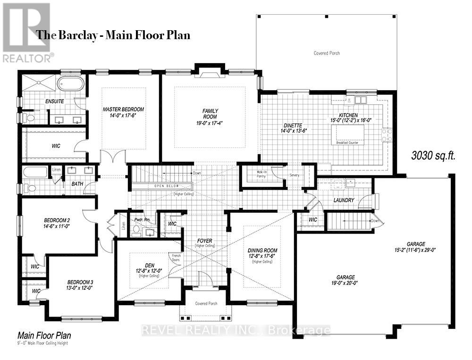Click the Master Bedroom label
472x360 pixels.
point(123,109)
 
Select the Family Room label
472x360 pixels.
point(210,114)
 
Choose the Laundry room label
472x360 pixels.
point(343,200)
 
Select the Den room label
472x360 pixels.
point(149,266)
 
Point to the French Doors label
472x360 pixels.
point(176,258)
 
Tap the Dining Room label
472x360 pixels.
point(263,251)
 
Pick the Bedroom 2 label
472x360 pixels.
point(57,220)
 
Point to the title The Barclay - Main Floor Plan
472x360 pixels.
point(113,35)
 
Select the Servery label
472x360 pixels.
point(294,175)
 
